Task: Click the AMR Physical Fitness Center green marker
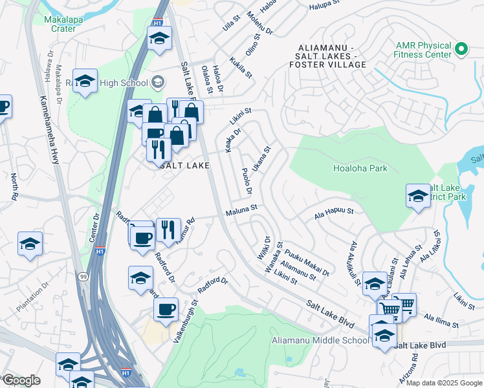click(461, 49)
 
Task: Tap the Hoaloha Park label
click(360, 168)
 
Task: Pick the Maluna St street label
click(242, 209)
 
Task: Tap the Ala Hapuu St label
click(334, 211)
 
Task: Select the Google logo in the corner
click(21, 380)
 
